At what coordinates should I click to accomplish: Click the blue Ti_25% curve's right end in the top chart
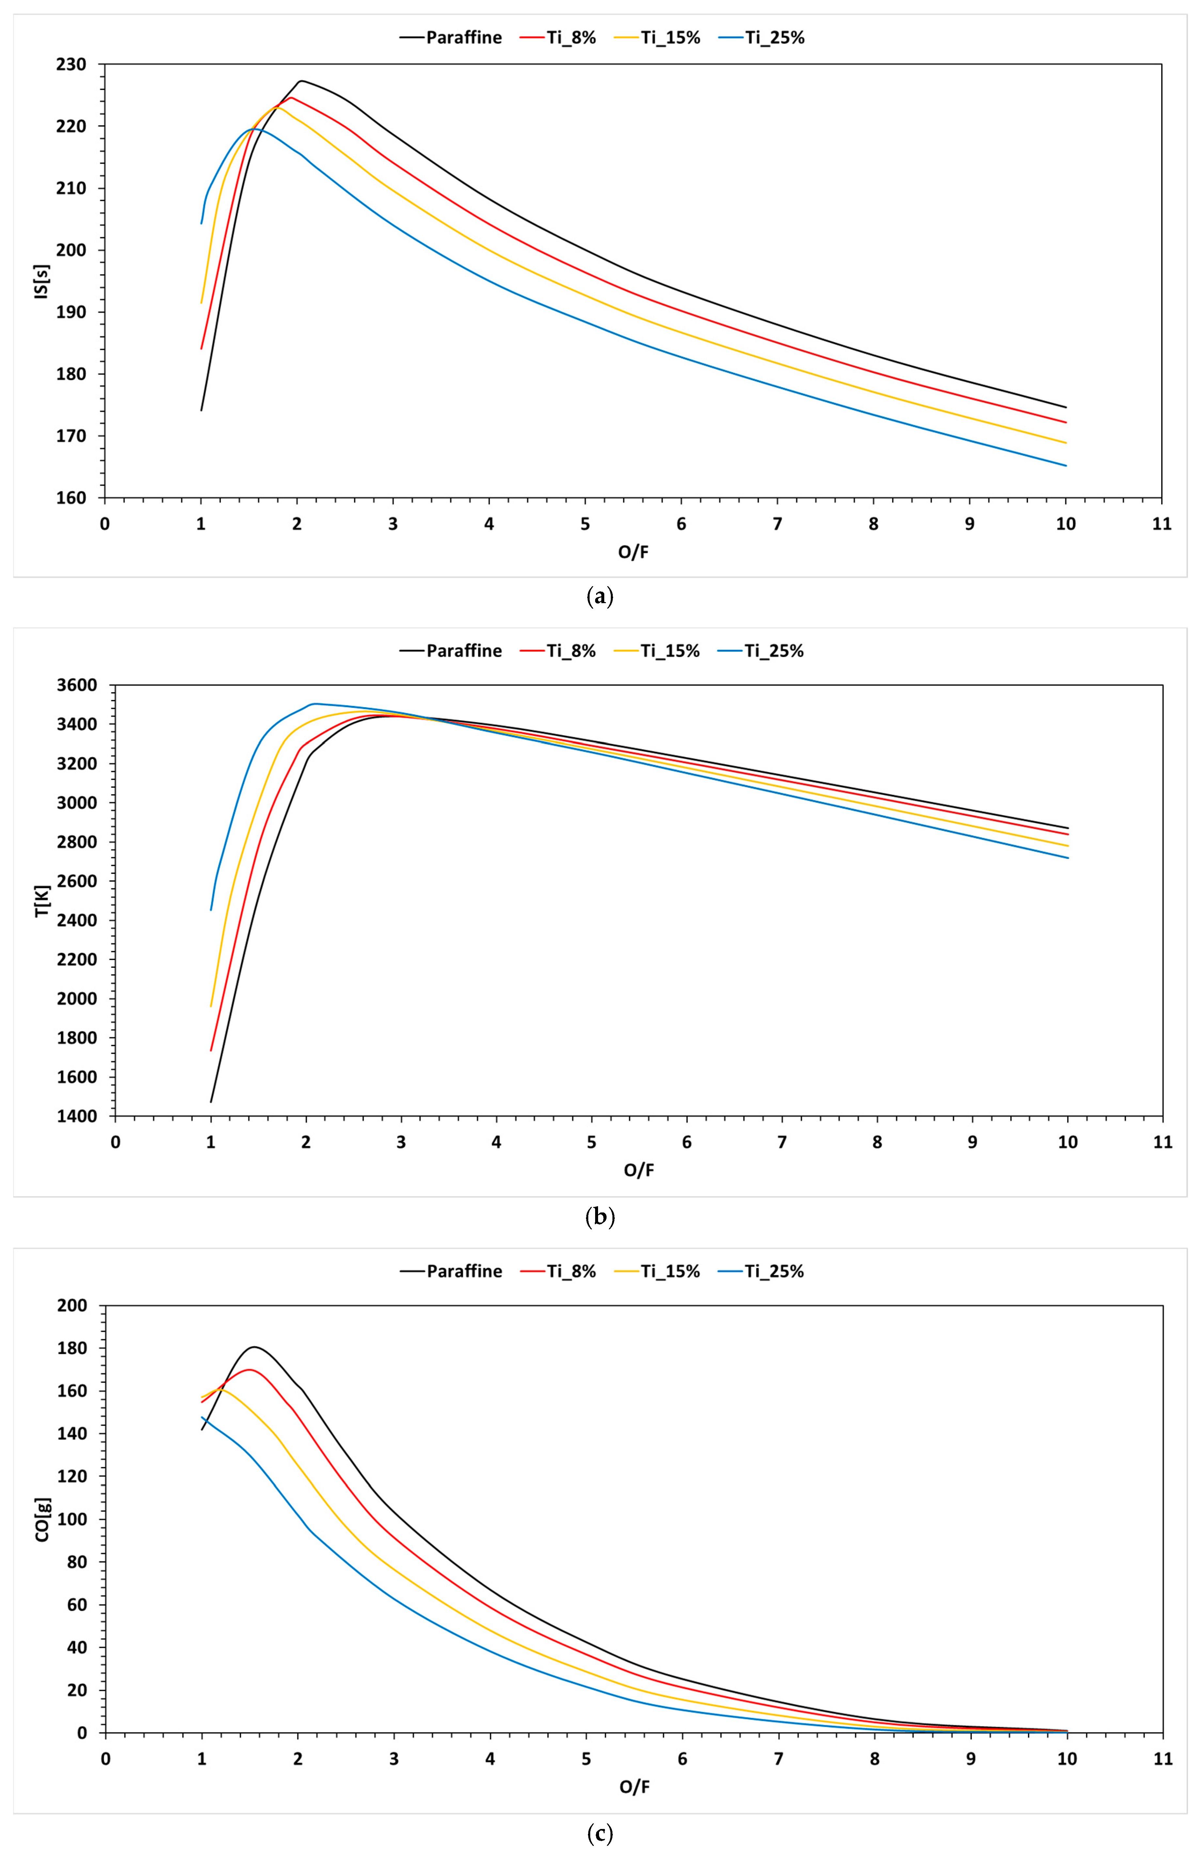pos(1066,466)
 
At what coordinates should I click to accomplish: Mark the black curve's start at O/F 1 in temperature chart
pos(211,1102)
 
